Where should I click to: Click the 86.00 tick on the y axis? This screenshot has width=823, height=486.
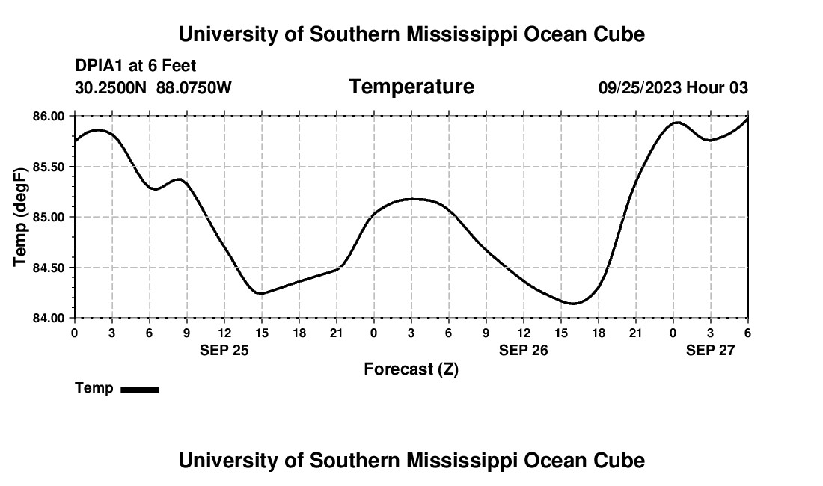pyautogui.click(x=49, y=116)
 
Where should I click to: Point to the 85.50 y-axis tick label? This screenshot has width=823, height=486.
pyautogui.click(x=49, y=167)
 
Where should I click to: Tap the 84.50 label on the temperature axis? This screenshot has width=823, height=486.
pyautogui.click(x=49, y=268)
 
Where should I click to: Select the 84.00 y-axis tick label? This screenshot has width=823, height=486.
pyautogui.click(x=49, y=318)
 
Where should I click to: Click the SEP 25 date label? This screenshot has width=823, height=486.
pyautogui.click(x=224, y=350)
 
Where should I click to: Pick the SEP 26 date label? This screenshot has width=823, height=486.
pyautogui.click(x=524, y=350)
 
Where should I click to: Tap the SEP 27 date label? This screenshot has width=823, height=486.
pyautogui.click(x=711, y=350)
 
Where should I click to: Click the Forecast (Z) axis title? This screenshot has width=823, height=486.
pyautogui.click(x=411, y=369)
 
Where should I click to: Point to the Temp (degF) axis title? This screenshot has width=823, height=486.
pyautogui.click(x=20, y=217)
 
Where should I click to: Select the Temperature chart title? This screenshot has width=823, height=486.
pyautogui.click(x=411, y=87)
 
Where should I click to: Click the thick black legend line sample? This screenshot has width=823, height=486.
pyautogui.click(x=140, y=389)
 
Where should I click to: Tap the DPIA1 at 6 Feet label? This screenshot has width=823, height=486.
pyautogui.click(x=135, y=66)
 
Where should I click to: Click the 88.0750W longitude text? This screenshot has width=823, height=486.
pyautogui.click(x=194, y=88)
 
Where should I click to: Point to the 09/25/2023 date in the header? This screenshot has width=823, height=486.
pyautogui.click(x=640, y=88)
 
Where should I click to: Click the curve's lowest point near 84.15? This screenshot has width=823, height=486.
pyautogui.click(x=573, y=304)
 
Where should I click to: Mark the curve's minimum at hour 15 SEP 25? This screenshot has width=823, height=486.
pyautogui.click(x=260, y=293)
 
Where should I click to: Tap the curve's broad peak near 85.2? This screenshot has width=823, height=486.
pyautogui.click(x=411, y=199)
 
